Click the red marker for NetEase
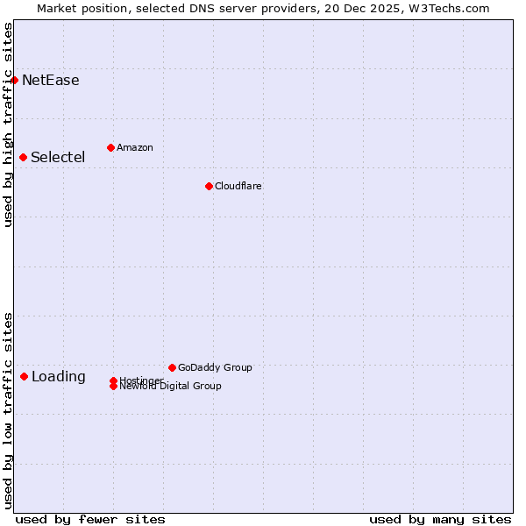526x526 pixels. [14, 80]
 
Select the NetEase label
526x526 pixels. [51, 81]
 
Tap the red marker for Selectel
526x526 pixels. [23, 157]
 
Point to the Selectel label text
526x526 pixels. [58, 158]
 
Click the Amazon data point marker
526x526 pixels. [110, 147]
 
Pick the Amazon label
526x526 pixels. [135, 147]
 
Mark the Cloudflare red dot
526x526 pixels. [209, 186]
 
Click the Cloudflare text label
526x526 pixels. [238, 186]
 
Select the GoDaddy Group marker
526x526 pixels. [172, 367]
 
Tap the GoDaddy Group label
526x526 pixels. [215, 367]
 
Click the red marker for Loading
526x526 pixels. [24, 376]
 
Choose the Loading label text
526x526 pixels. [59, 377]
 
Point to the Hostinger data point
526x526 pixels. [114, 380]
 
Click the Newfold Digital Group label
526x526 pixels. [171, 387]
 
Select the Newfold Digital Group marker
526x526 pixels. [114, 387]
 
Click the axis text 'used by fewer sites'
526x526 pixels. [90, 519]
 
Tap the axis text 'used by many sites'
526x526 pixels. [440, 519]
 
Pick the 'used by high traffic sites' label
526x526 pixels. [8, 124]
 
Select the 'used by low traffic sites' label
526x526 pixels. [8, 409]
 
